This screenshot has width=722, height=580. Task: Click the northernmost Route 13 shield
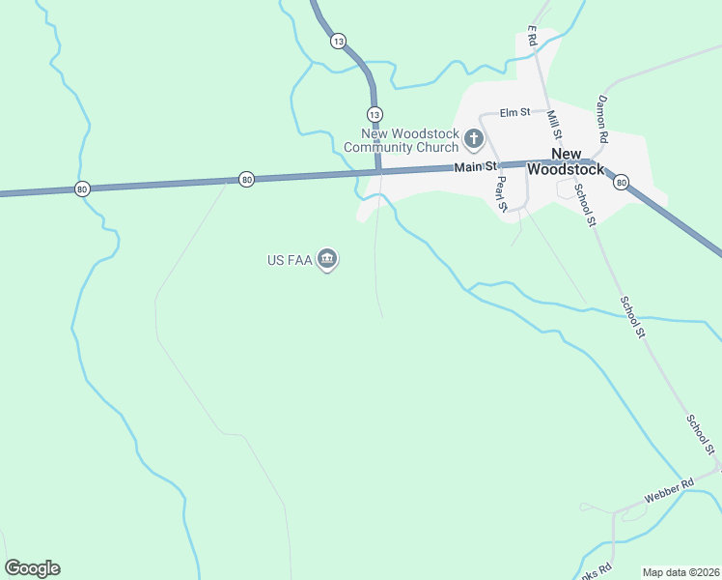[337, 41]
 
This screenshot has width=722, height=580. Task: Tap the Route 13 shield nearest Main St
[375, 113]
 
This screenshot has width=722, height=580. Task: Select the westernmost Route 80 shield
[82, 188]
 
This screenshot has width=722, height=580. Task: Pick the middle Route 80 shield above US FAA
[246, 179]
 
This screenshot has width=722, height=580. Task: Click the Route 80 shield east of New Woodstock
[621, 182]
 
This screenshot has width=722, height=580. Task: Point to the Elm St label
[514, 112]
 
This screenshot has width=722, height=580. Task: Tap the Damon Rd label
[602, 113]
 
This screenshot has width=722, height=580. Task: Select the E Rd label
[531, 37]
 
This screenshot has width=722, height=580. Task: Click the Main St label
[475, 168]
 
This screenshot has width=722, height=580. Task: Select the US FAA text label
[291, 260]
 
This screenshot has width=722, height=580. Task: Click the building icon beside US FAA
[327, 259]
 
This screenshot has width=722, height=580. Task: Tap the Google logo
[32, 568]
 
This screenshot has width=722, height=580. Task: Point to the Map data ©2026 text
[680, 572]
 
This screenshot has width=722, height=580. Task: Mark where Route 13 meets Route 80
[376, 173]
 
